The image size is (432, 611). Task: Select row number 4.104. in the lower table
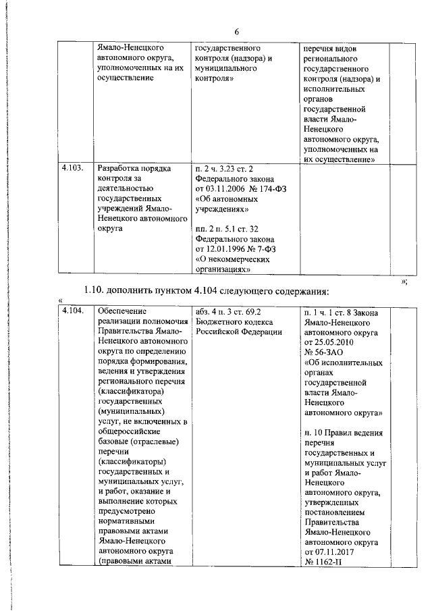click(72, 311)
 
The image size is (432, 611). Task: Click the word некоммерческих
click(241, 259)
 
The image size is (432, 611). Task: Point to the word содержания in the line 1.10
click(296, 291)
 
